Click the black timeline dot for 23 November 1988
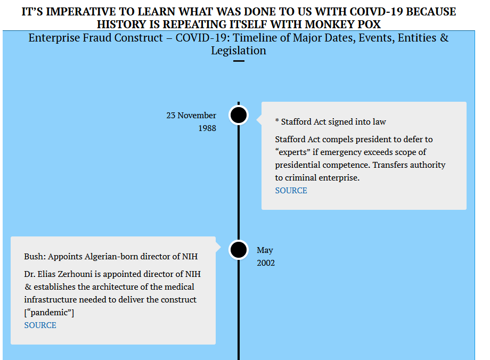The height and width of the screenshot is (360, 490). [x=239, y=116]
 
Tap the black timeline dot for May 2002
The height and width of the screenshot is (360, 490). [x=239, y=250]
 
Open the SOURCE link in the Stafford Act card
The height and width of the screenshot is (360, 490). [x=291, y=191]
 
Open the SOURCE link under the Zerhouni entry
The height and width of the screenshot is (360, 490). [x=40, y=325]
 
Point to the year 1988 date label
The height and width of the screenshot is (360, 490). [x=207, y=128]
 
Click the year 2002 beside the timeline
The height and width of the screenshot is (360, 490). [x=266, y=263]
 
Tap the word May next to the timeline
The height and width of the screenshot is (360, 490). [x=265, y=250]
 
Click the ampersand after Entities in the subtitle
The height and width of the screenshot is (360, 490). [x=444, y=38]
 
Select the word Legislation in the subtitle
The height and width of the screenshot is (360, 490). [x=239, y=51]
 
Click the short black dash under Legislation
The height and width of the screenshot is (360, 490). [x=239, y=61]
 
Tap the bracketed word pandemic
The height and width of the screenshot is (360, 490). [x=49, y=313]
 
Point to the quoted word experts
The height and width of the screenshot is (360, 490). [x=293, y=152]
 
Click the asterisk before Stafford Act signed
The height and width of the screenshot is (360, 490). [x=277, y=121]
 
